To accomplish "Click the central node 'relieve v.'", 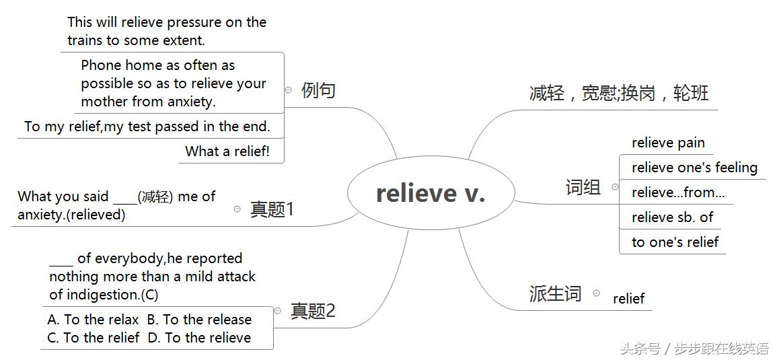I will (431, 194).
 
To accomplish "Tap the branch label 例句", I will (318, 90).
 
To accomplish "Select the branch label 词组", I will (583, 187).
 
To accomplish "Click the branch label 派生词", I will (555, 293).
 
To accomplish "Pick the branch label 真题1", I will (272, 209).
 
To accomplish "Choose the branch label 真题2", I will (312, 311).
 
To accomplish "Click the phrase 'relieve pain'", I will (668, 143).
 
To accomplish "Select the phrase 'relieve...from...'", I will (678, 192).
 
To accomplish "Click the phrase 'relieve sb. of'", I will (672, 217).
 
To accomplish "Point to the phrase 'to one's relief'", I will (675, 242).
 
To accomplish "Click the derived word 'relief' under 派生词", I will (628, 299).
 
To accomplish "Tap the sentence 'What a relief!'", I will (227, 151).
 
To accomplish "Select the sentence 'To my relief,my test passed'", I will (147, 126).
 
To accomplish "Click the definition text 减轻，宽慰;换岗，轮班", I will (619, 93).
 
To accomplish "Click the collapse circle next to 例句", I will (289, 89).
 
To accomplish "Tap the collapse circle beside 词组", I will (614, 187).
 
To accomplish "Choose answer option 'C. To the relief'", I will (93, 338).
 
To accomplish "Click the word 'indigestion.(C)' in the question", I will (104, 295).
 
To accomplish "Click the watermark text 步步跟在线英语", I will (721, 349).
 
